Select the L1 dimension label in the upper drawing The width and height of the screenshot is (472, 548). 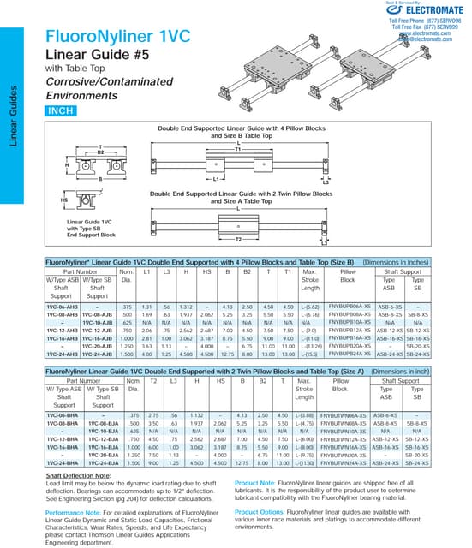click(217, 182)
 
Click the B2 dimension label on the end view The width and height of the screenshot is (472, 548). click(99, 152)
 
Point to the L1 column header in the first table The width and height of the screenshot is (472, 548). click(147, 271)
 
